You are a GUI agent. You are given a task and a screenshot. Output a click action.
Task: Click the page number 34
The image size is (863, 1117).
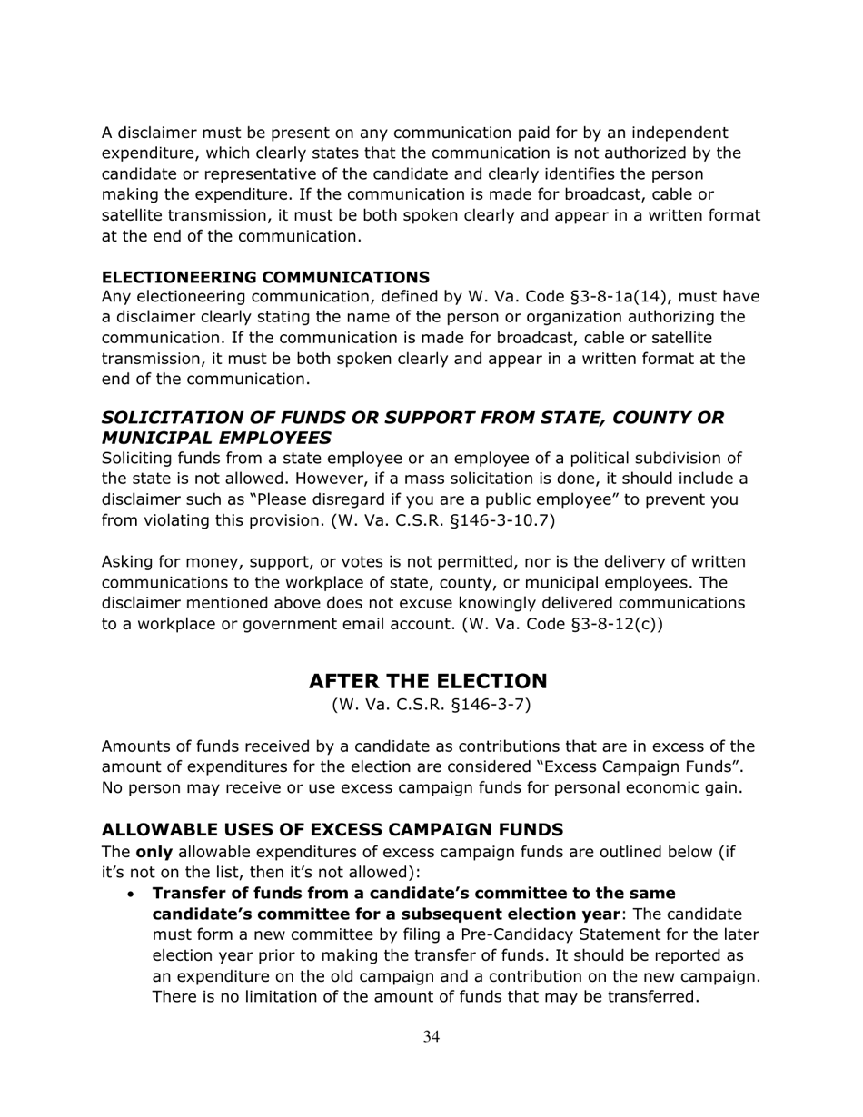pyautogui.click(x=431, y=1037)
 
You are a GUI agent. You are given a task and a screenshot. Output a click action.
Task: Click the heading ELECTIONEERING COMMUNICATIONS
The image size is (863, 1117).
pyautogui.click(x=265, y=276)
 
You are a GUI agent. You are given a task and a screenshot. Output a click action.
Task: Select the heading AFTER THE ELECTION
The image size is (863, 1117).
pyautogui.click(x=428, y=681)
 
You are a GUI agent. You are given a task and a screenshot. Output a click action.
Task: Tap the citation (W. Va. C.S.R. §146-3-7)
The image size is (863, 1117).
pyautogui.click(x=431, y=705)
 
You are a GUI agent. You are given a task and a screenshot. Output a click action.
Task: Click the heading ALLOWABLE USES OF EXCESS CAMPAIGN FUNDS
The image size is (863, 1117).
pyautogui.click(x=332, y=829)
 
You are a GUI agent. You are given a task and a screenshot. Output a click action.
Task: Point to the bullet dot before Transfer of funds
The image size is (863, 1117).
pyautogui.click(x=133, y=895)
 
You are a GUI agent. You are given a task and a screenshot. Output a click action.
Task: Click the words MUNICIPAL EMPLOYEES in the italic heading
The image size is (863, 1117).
pyautogui.click(x=216, y=438)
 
